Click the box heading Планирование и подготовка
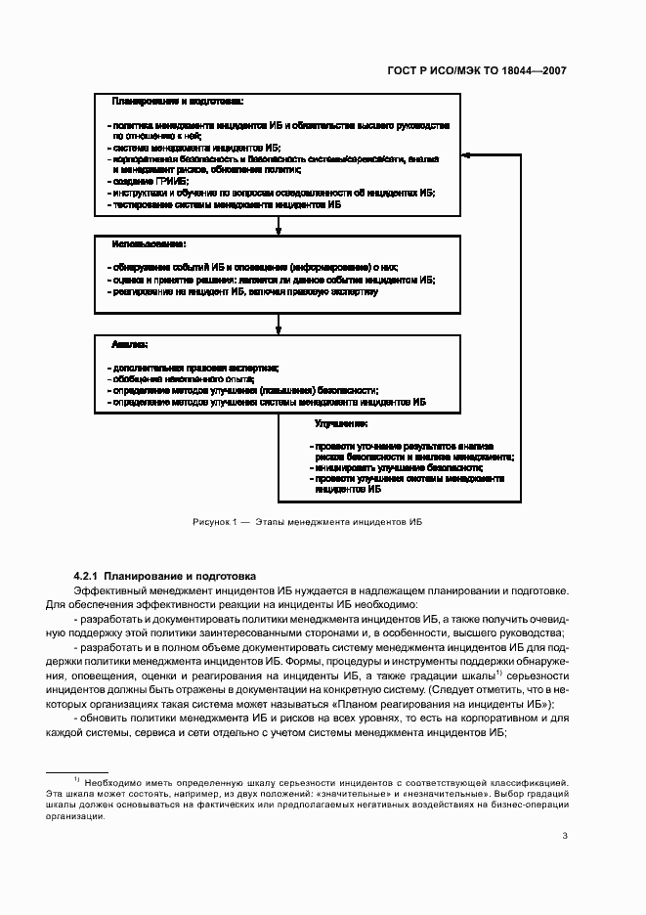point(177,102)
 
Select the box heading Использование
point(149,242)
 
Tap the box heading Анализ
point(130,344)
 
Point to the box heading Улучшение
point(341,423)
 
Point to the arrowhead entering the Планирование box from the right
point(467,155)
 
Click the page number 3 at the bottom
point(565,835)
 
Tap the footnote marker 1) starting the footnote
point(77,779)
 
